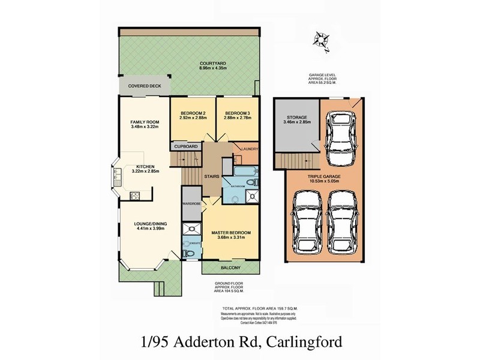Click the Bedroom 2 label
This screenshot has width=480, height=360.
(193, 112)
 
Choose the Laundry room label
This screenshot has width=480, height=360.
(248, 149)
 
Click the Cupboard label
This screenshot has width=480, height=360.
(186, 146)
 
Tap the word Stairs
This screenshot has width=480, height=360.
(211, 176)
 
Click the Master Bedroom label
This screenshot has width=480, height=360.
(230, 232)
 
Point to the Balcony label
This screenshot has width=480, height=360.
(230, 268)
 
